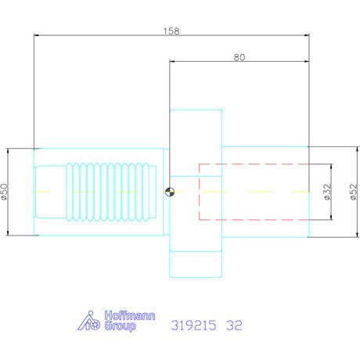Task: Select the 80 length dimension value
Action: coord(239,57)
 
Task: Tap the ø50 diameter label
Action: coord(5,192)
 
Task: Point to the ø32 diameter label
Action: coord(326,192)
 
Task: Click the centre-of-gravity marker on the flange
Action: coord(170,192)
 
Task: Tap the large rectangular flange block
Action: coord(196,192)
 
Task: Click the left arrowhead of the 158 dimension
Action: coord(36,35)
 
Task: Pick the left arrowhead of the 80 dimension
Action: coord(171,62)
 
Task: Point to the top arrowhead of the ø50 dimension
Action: coord(9,149)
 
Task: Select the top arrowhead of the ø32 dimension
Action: coord(333,165)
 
